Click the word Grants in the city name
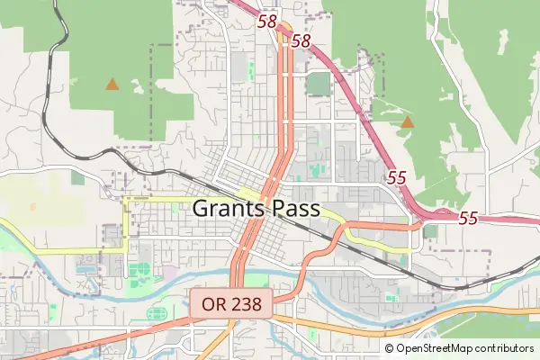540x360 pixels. pos(228,209)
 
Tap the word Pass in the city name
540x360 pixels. pos(300,209)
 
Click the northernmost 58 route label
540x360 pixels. pos(267,21)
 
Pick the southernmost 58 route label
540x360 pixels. pos(301,41)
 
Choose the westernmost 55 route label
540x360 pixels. pos(397,177)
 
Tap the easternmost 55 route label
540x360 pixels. pos(468,218)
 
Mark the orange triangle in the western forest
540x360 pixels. pos(112,84)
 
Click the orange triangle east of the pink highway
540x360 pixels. pos(408,121)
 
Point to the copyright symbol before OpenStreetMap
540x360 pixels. pos(390,348)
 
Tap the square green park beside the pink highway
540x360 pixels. pos(318,84)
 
